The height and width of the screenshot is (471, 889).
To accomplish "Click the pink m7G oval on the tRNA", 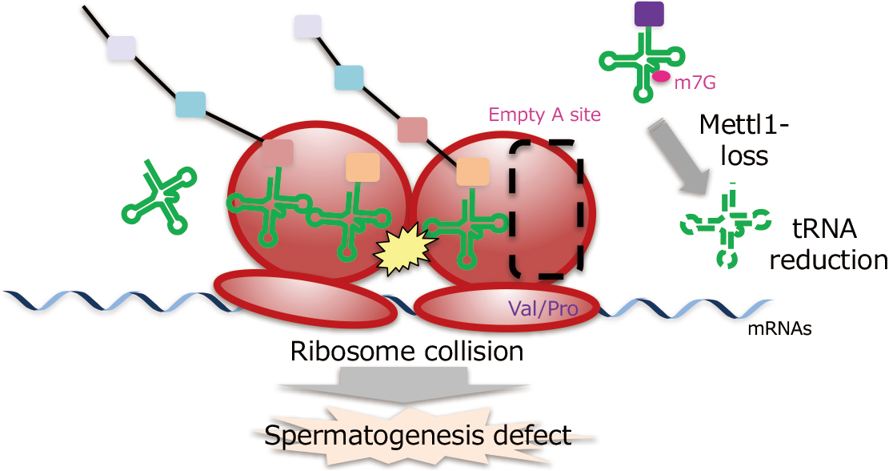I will point(662,76).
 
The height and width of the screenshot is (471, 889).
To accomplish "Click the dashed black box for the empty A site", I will point(547,208).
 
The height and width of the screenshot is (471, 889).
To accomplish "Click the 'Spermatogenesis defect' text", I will point(418,436).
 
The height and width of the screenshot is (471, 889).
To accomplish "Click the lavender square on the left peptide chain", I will point(121,48).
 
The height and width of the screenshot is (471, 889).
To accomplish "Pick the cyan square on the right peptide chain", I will point(350,78).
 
